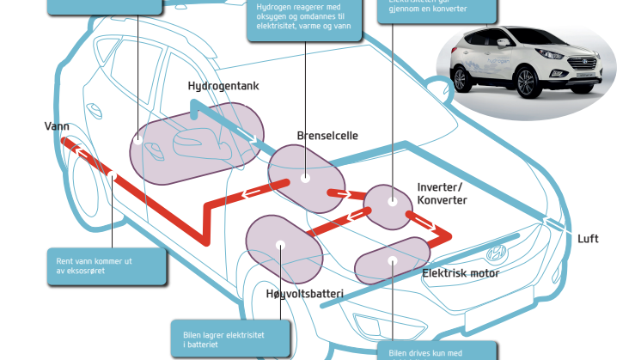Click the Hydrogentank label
223,87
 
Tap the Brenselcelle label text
327,136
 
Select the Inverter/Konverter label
442,193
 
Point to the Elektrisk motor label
461,274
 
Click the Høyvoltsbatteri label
304,295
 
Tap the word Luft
588,239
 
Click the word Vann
57,126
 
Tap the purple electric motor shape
391,260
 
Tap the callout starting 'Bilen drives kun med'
436,351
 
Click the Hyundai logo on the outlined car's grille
495,254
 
